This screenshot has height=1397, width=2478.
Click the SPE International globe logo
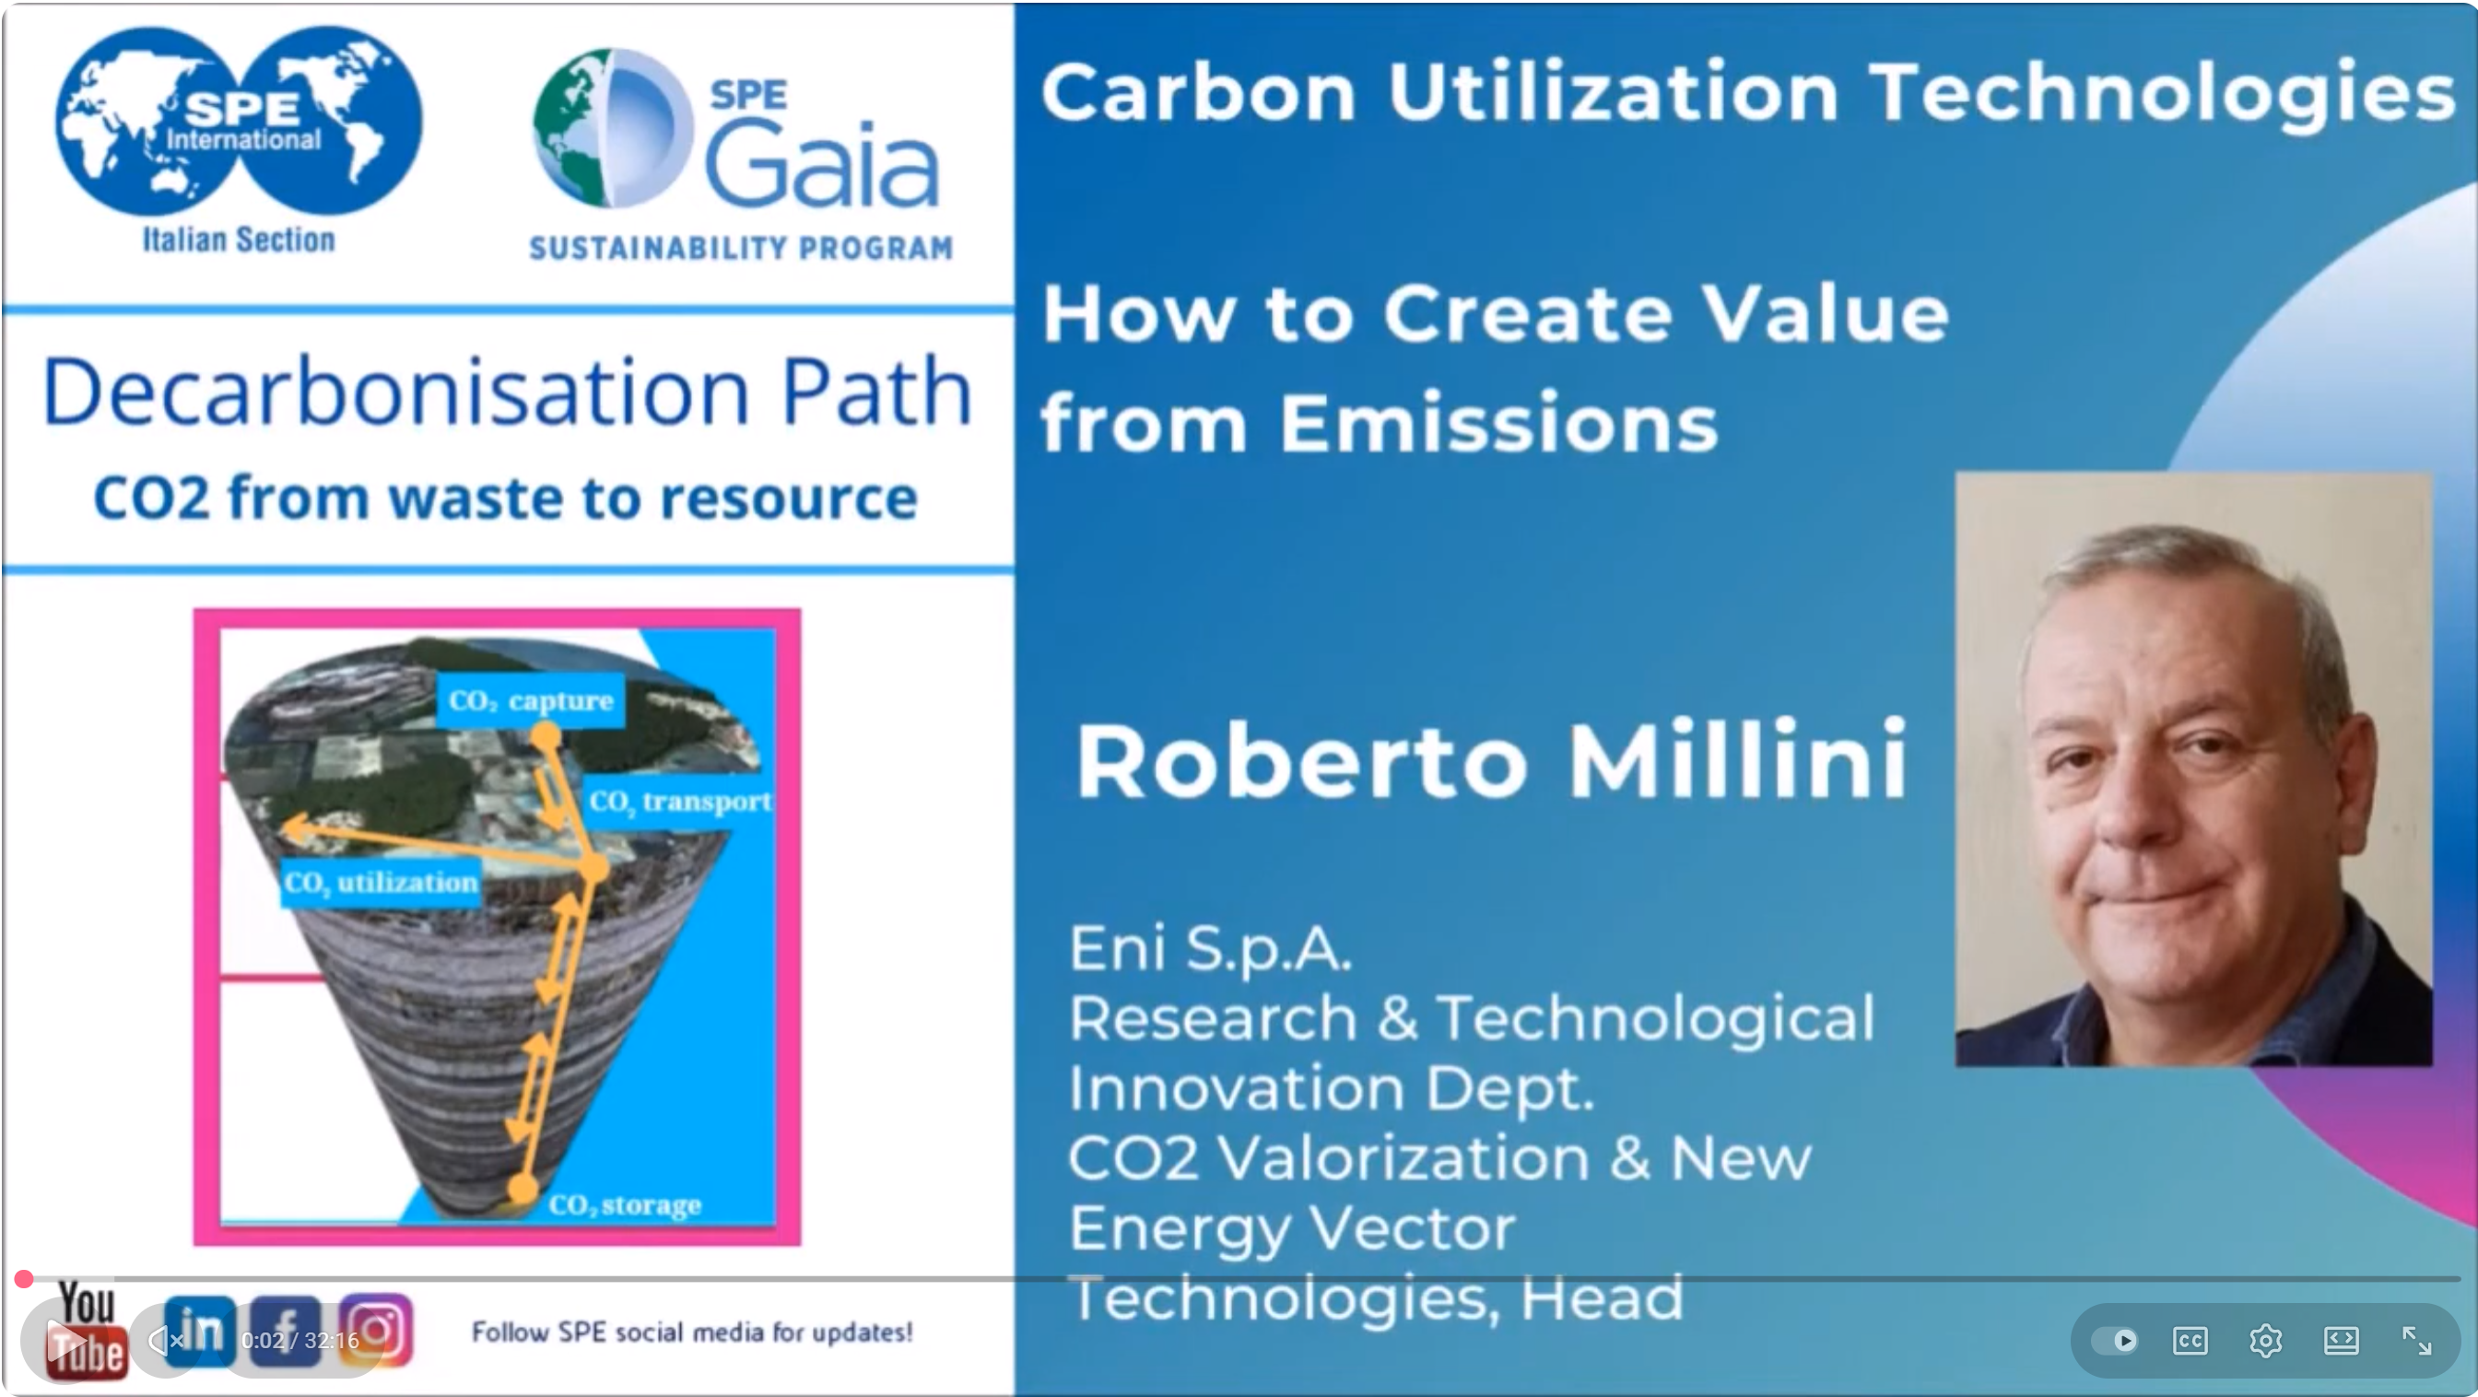[239, 121]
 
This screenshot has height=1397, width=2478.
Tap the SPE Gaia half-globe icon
[614, 128]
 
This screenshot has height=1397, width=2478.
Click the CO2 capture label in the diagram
[530, 700]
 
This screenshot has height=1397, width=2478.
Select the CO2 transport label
[680, 802]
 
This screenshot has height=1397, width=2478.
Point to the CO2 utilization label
[380, 882]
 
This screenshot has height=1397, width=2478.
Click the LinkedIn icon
[200, 1332]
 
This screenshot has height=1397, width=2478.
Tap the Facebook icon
[286, 1332]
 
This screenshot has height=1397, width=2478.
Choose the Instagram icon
[376, 1332]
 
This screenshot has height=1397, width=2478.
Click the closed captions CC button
[2190, 1340]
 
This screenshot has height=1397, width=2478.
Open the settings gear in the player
[2265, 1340]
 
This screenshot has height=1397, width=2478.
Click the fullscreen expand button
[2416, 1340]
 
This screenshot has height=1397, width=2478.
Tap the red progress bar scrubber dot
[24, 1279]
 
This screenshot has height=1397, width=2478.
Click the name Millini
[1737, 760]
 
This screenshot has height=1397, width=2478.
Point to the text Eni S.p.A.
[1211, 948]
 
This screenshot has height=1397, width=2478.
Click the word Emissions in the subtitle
[1497, 423]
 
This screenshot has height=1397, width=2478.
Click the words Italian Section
[239, 240]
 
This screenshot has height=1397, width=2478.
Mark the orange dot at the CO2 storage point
[523, 1189]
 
